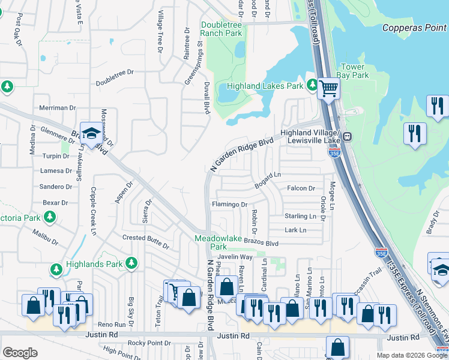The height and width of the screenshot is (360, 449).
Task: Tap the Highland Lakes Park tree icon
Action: point(312,85)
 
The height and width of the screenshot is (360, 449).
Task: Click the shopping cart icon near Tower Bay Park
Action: point(328,89)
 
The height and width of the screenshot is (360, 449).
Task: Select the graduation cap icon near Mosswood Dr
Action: point(91,133)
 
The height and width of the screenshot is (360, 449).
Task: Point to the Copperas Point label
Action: point(415,28)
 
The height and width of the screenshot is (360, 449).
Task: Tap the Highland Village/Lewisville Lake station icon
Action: point(347,137)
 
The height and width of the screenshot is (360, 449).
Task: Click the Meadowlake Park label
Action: point(218,242)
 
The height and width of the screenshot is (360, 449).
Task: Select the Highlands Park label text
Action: point(94,263)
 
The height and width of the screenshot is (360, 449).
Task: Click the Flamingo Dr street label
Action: point(229,205)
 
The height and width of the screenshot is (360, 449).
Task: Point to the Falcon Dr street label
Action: point(301,188)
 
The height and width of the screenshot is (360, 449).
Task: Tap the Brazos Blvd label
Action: point(264,244)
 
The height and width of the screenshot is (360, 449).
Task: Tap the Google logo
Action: point(20,353)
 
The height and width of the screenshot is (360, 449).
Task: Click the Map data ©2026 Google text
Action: point(412,355)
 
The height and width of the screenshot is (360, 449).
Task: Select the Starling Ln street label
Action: point(300,216)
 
